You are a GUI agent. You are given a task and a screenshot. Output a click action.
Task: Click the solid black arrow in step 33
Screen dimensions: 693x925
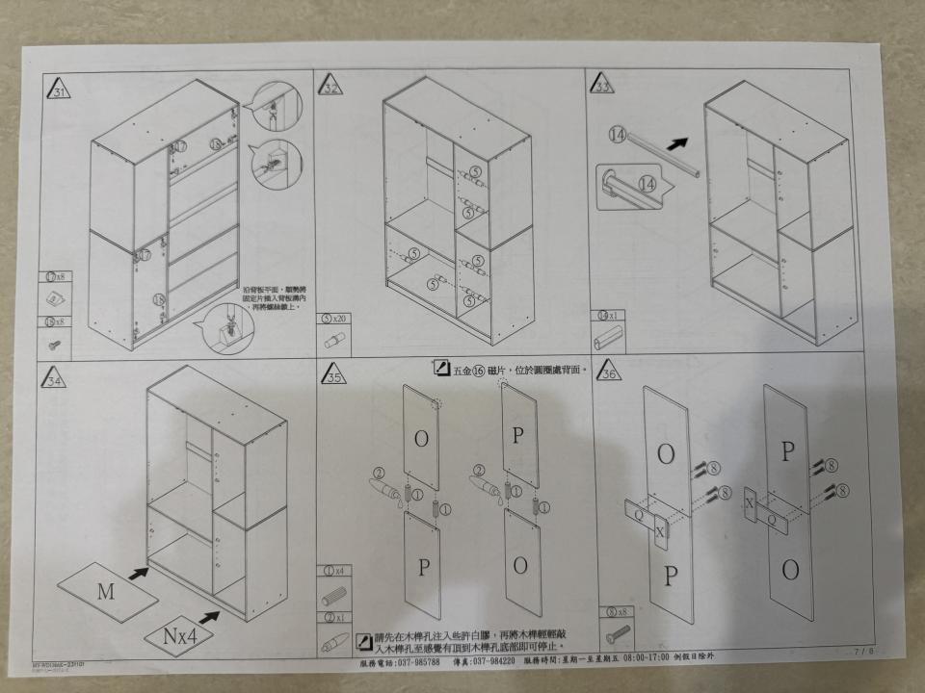click(x=679, y=142)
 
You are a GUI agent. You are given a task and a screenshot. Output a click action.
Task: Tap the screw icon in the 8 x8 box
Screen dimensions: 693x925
click(x=617, y=633)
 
